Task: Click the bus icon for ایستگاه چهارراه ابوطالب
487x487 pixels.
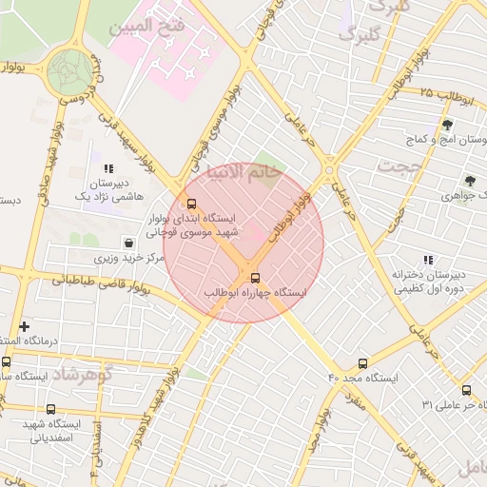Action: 255,278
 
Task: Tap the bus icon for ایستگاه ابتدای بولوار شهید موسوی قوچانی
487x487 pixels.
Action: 192,204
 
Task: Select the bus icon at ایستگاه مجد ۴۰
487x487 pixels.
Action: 362,363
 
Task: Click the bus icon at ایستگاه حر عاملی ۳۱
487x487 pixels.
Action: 466,390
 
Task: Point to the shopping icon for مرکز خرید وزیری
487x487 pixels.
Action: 129,243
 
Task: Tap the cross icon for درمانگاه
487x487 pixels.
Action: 24,326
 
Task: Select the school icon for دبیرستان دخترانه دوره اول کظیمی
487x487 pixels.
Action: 427,260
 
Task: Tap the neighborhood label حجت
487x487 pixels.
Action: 399,166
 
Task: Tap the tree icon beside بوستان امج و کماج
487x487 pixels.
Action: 447,124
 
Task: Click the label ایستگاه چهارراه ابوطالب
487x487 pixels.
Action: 257,294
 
